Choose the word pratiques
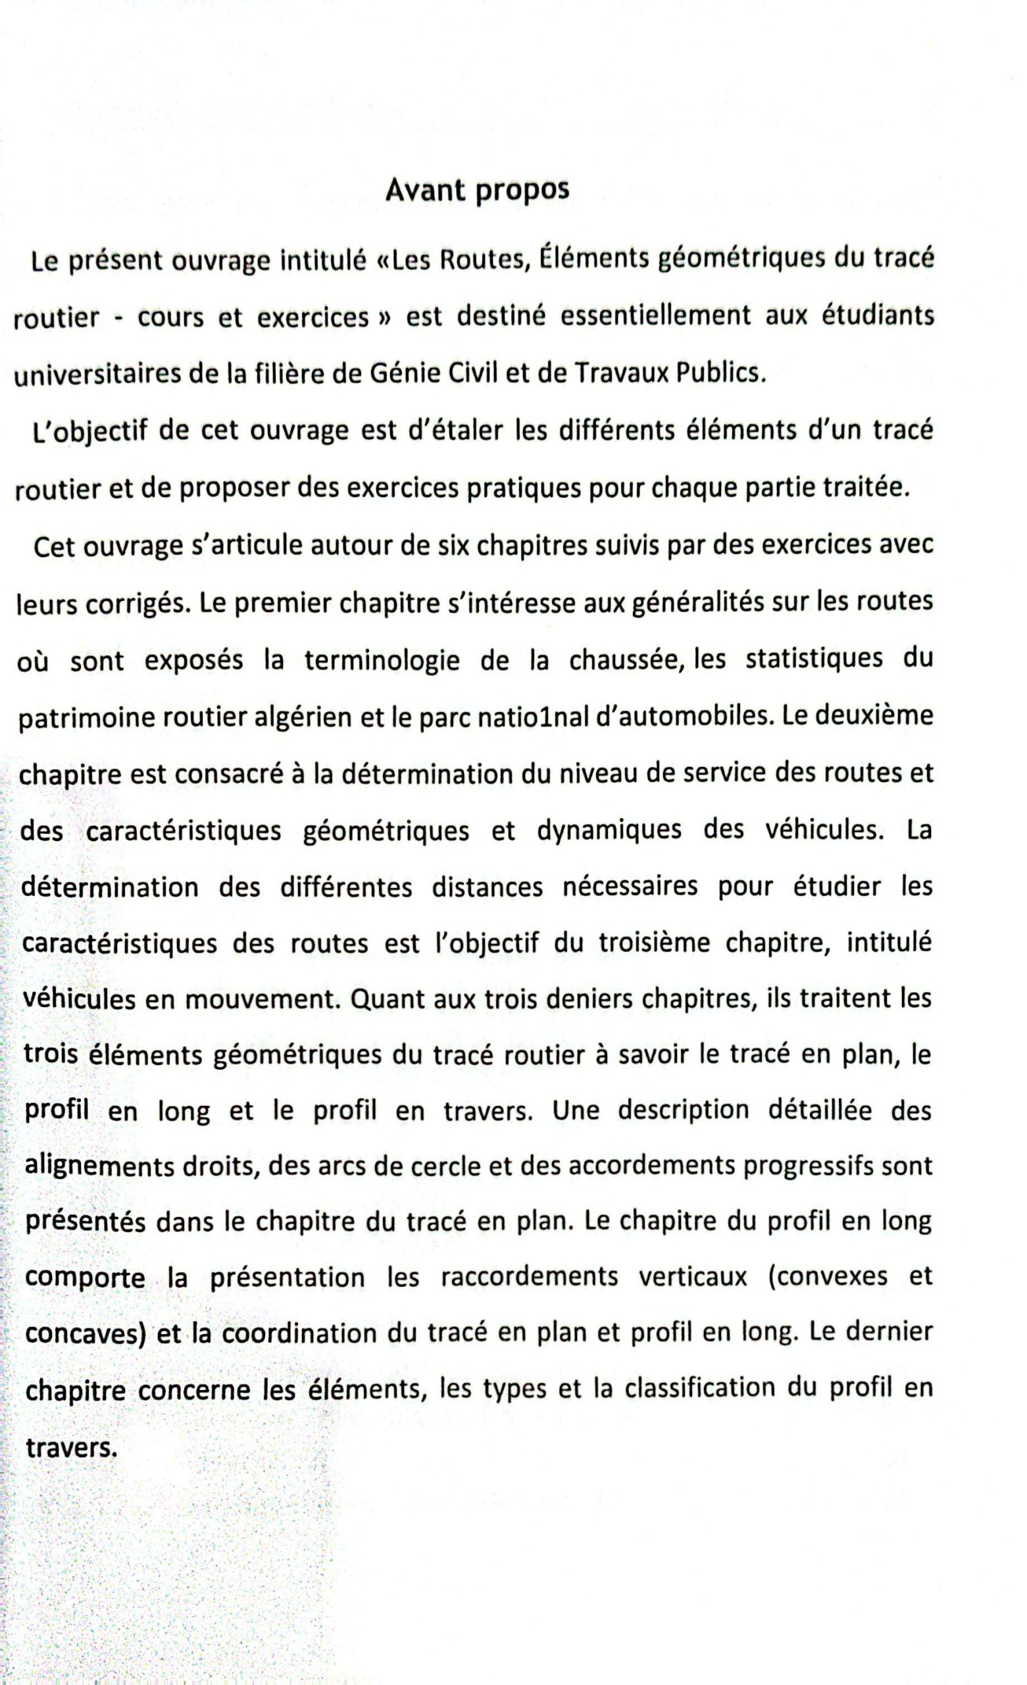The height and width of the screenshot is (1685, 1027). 523,488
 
